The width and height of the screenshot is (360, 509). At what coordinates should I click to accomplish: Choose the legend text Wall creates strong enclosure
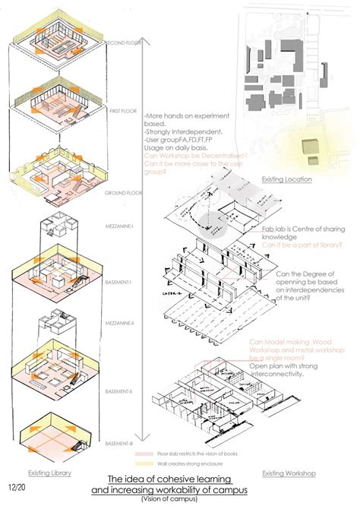187,463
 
